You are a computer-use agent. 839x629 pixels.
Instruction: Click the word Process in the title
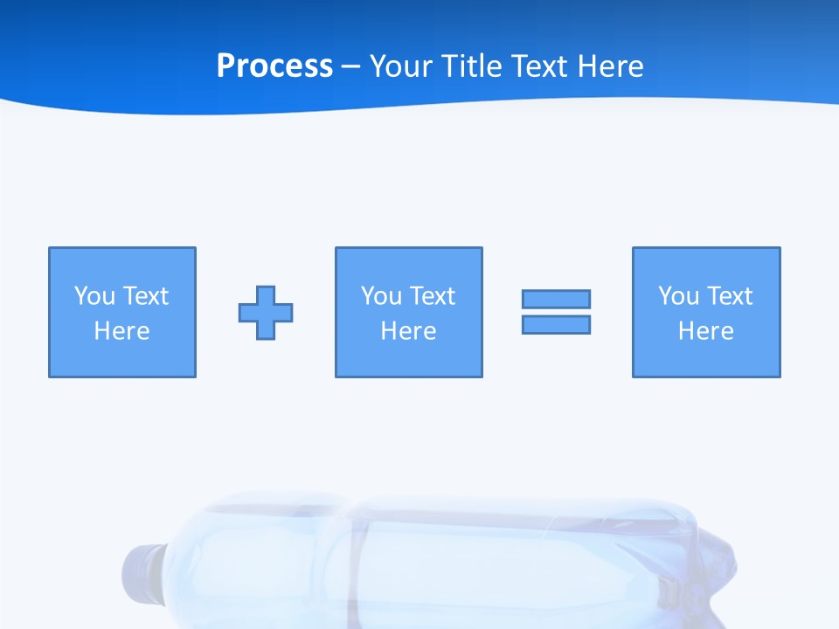(274, 66)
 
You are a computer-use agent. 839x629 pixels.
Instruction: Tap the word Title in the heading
(473, 66)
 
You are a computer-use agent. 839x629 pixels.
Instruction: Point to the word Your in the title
(401, 66)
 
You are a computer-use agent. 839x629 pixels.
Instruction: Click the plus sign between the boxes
(266, 313)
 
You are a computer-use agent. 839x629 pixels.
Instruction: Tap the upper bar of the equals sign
(556, 299)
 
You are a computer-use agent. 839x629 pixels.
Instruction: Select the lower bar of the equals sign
(556, 324)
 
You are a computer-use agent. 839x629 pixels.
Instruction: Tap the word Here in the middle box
(408, 331)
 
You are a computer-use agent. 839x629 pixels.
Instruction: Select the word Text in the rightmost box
(731, 296)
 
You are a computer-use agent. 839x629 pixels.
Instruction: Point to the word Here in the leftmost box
(121, 331)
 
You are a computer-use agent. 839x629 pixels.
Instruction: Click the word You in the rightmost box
(679, 296)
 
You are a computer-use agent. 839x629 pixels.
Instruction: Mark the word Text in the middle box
(433, 296)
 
